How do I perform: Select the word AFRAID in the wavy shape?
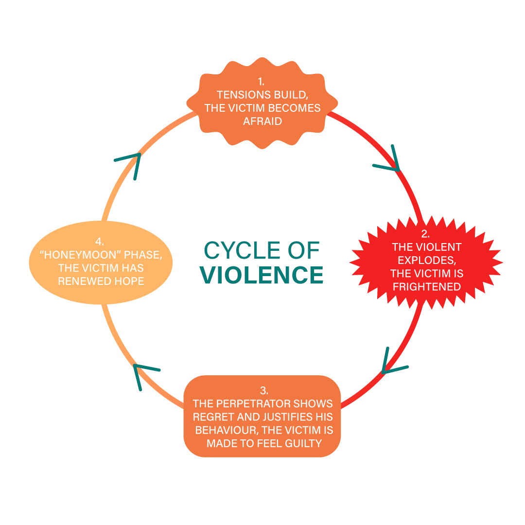click(262, 121)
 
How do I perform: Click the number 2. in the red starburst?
click(426, 234)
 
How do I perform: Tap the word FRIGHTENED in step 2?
click(426, 286)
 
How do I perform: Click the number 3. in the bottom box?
click(263, 390)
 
